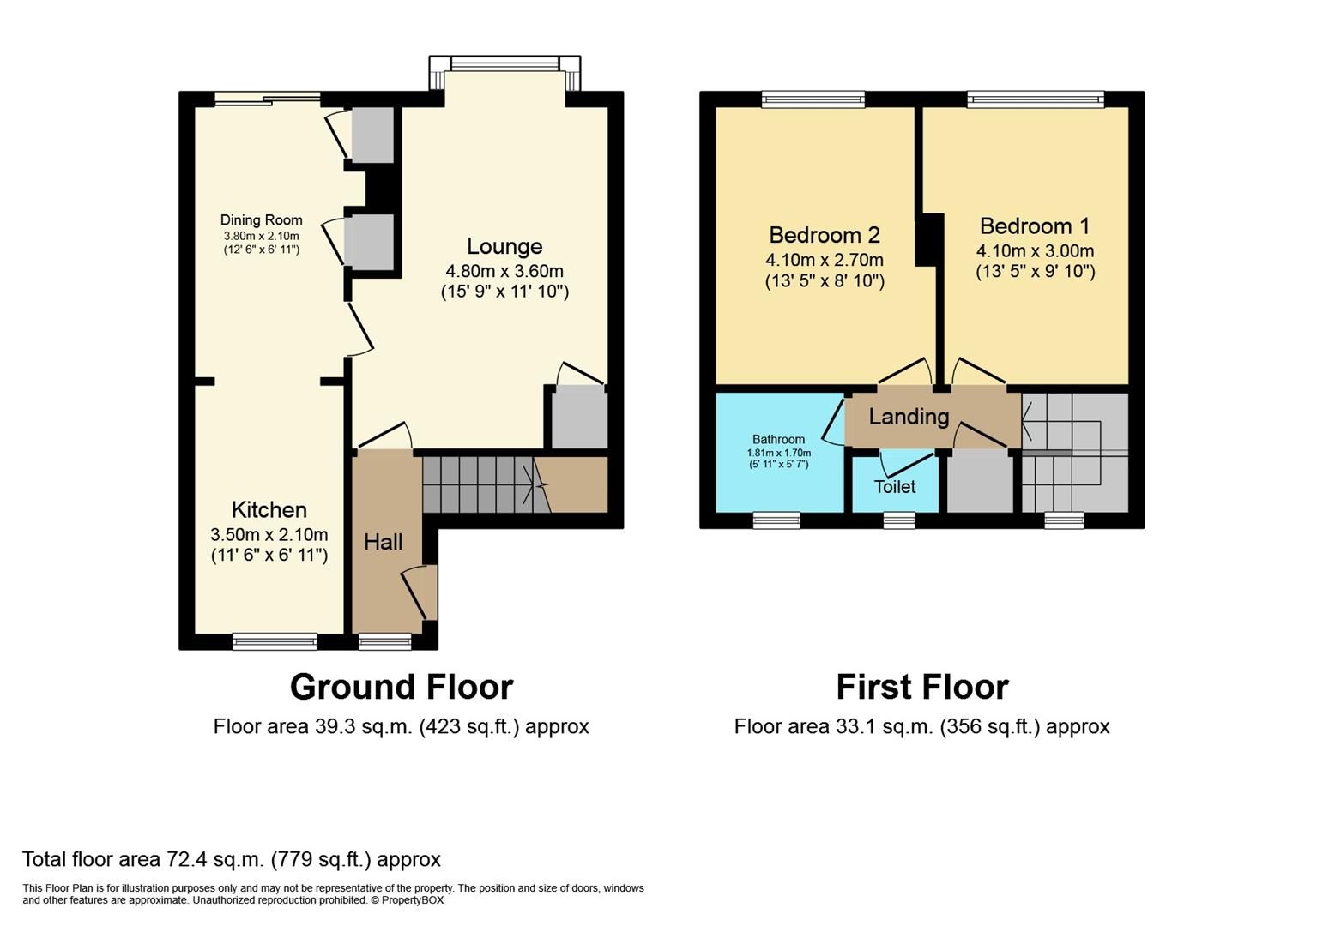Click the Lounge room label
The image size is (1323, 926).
504,247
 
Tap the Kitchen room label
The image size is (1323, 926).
269,510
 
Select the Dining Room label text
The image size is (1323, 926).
261,220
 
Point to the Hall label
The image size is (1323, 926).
383,542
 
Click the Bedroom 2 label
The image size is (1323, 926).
824,235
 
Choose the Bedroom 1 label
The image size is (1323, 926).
1035,226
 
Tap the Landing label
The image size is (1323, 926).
909,417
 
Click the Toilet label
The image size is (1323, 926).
895,487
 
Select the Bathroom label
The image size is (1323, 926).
778,440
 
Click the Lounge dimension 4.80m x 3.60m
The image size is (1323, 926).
504,271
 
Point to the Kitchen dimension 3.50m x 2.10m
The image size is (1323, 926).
269,535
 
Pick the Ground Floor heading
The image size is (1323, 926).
402,688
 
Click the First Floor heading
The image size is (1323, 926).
922,688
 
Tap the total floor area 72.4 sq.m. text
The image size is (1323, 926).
232,859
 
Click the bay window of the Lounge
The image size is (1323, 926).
504,64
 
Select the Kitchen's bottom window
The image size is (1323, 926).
275,640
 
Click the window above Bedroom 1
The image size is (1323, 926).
1035,99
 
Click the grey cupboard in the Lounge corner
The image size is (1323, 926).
578,417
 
